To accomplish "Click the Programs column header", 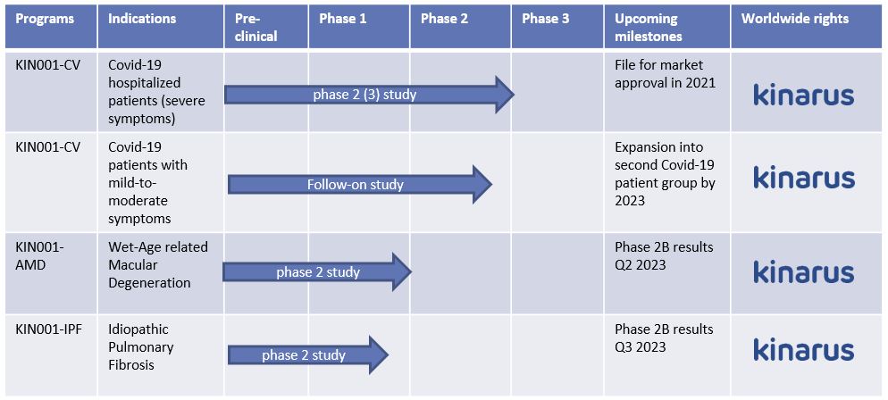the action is [44, 19].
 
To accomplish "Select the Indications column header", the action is [141, 19].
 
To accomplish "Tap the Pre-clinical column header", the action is [256, 27].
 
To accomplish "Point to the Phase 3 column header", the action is [545, 19].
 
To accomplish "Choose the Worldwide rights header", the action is [795, 19].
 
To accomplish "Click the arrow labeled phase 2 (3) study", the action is [369, 95].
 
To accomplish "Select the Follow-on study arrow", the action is [360, 185].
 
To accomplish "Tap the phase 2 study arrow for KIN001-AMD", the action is [317, 272].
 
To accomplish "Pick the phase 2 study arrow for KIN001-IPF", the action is [308, 355].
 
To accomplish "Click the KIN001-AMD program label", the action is [39, 255].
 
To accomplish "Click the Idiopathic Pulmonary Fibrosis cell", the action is [140, 346].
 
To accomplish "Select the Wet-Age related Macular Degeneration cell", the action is [158, 265].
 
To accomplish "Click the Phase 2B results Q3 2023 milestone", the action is [664, 337].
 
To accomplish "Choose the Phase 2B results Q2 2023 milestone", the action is [664, 255].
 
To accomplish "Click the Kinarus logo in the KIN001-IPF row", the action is [804, 348].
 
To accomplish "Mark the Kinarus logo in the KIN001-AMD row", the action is [804, 271].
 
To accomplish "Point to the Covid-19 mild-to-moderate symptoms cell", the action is [147, 183].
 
